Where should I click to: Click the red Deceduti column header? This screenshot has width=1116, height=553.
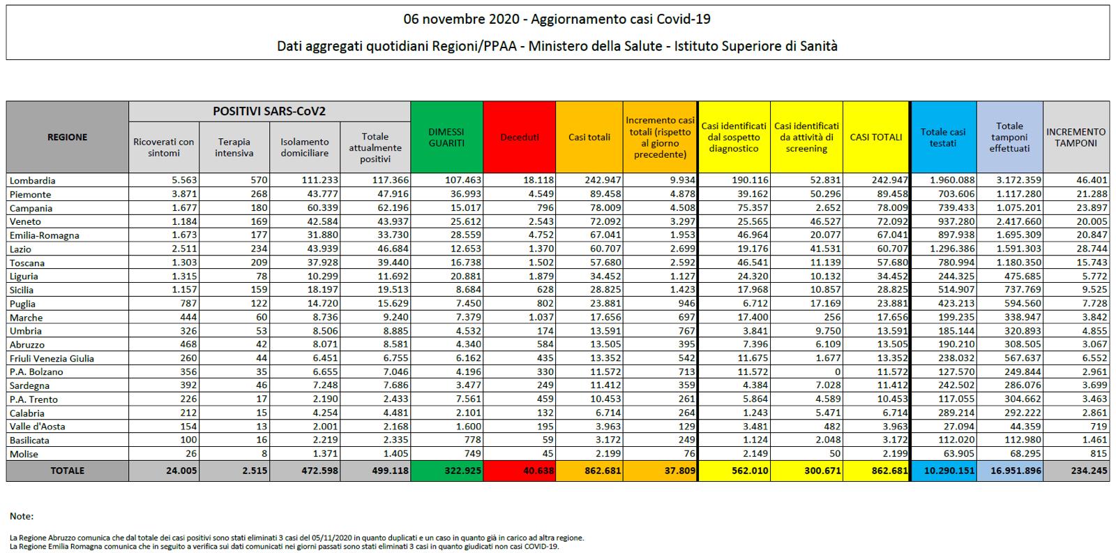519,138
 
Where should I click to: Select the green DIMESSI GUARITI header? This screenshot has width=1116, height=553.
446,138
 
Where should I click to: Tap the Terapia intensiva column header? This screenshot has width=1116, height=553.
234,147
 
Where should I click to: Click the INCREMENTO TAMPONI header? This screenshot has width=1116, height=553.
1076,138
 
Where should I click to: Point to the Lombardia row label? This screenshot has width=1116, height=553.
32,181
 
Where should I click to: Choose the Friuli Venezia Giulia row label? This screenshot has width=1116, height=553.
52,358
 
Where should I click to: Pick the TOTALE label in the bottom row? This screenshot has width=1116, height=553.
67,471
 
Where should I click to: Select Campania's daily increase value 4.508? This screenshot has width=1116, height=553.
681,208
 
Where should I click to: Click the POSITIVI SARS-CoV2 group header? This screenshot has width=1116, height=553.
269,112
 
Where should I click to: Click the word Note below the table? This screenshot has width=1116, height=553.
22,517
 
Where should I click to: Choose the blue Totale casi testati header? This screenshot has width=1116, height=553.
943,138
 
